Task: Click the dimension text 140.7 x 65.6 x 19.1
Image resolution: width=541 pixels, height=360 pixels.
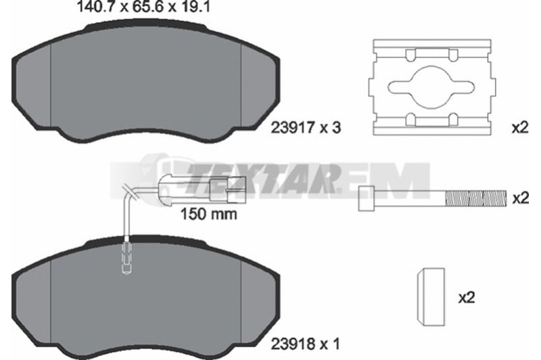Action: (143, 7)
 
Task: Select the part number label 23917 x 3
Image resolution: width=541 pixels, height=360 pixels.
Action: (306, 128)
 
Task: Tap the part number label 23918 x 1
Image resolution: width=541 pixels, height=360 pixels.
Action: (306, 344)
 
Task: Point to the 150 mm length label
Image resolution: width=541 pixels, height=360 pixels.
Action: (209, 215)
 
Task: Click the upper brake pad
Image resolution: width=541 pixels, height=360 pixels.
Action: (145, 83)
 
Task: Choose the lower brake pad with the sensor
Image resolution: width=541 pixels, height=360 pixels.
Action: (145, 297)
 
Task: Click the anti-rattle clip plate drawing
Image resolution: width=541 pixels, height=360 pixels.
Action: (432, 87)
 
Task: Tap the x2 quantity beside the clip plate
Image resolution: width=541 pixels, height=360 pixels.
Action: (520, 128)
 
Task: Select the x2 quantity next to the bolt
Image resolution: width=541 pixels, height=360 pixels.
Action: (520, 198)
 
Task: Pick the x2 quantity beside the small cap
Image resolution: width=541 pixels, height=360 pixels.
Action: (467, 297)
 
